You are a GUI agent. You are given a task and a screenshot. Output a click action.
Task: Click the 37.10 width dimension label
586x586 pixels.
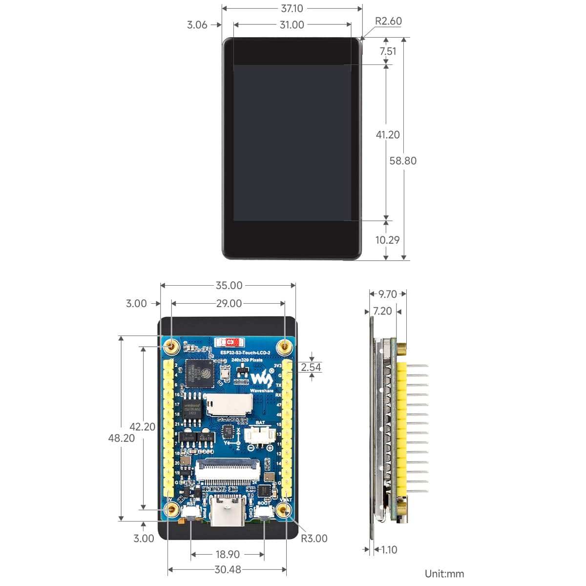coord(292,9)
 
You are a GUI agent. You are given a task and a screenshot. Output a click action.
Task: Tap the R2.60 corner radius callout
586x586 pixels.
coord(388,21)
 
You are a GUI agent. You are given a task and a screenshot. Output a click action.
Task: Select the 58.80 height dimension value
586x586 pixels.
coord(403,161)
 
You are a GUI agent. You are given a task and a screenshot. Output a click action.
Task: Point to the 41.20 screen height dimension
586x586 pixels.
coord(388,135)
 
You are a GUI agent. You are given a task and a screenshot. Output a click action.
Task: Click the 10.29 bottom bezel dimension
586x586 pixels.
coord(387,240)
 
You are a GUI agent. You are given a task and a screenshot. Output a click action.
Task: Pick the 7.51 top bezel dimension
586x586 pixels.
coord(388,51)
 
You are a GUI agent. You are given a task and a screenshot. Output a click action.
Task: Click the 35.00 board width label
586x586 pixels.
coord(229,285)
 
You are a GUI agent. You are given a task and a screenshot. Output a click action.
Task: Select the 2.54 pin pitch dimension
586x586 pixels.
coord(311,367)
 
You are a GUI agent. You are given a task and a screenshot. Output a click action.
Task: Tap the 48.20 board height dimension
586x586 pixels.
coord(121,438)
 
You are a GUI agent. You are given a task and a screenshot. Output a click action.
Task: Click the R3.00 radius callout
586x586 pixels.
coord(314,538)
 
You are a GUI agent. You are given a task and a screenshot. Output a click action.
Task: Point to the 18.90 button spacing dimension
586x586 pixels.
coord(228,554)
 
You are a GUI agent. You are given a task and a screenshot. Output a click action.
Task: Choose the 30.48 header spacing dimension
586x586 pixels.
coord(228,569)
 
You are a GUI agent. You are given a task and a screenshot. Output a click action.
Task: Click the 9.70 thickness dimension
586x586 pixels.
coord(388,294)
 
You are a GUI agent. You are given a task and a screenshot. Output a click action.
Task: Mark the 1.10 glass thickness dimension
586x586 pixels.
coord(389,550)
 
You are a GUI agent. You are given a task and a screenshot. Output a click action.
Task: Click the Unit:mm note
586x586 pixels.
coord(444,574)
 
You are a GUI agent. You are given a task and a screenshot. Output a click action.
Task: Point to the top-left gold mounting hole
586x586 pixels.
coord(172,346)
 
